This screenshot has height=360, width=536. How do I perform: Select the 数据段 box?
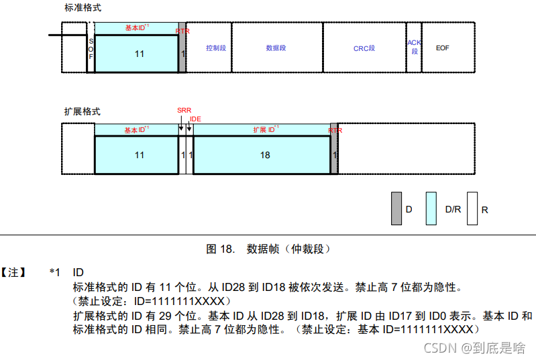pyautogui.click(x=276, y=48)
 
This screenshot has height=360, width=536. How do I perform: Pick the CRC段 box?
pyautogui.click(x=364, y=48)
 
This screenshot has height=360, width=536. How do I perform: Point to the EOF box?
pyautogui.click(x=443, y=48)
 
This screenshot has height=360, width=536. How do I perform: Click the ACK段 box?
pyautogui.click(x=414, y=46)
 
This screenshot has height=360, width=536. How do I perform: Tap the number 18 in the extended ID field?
pyautogui.click(x=264, y=155)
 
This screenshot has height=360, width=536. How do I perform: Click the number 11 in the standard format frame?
pyautogui.click(x=139, y=54)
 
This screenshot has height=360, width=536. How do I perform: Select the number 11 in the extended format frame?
pyautogui.click(x=139, y=155)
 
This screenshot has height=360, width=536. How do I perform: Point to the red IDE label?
pyautogui.click(x=195, y=119)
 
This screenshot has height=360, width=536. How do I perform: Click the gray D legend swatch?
pyautogui.click(x=396, y=208)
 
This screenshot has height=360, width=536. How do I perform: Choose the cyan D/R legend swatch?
pyautogui.click(x=431, y=208)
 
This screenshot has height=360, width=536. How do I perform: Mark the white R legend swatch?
pyautogui.click(x=472, y=208)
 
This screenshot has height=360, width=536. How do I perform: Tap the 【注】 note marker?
pyautogui.click(x=14, y=272)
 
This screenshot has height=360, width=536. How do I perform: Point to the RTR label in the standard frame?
pyautogui.click(x=182, y=31)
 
